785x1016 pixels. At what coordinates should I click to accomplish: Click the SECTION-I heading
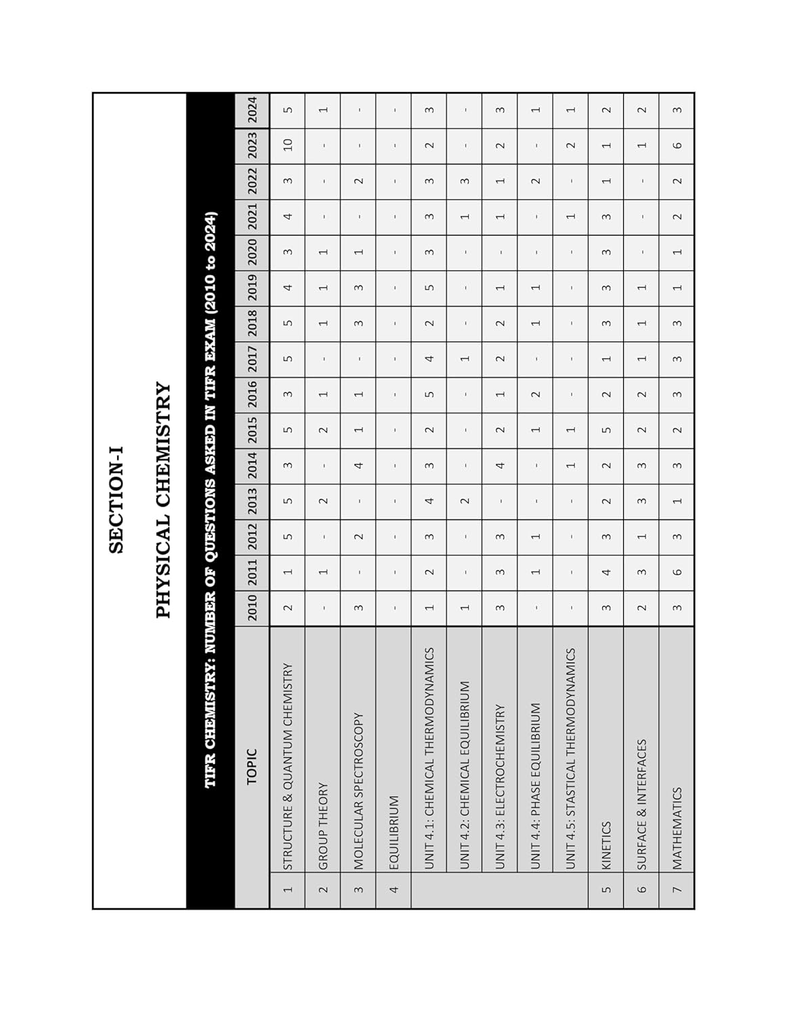point(116,499)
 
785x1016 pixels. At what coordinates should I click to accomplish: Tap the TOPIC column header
point(252,765)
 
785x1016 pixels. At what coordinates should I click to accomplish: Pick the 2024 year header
point(252,110)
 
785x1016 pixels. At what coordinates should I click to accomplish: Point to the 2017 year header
point(252,359)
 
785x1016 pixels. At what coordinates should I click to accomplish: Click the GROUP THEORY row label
point(323,826)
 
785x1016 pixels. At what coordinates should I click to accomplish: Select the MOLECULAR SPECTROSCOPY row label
point(359,790)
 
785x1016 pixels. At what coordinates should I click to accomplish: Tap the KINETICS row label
point(607,845)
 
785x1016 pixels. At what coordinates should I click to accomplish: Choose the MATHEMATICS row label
point(677,828)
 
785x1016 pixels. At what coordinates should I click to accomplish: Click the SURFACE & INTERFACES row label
point(642,804)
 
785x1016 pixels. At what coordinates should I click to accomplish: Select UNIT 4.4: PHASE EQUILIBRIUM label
point(536,786)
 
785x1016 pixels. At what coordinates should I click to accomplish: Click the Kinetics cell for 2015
point(607,430)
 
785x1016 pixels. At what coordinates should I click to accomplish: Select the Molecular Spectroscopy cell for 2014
point(359,465)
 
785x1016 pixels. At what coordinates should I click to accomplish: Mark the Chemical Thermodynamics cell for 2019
point(429,287)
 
